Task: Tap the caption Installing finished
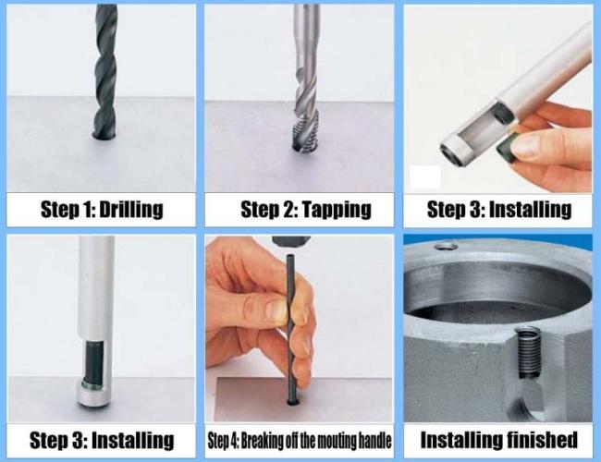[498, 439]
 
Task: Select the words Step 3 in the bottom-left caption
[52, 440]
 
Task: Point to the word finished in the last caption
[539, 439]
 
